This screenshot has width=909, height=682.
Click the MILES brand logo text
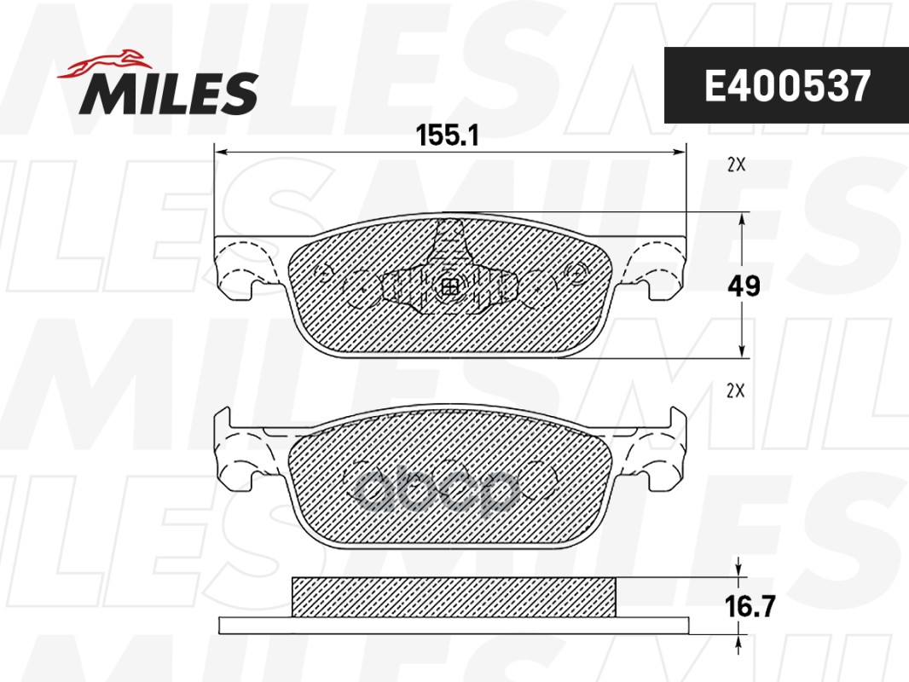pyautogui.click(x=169, y=92)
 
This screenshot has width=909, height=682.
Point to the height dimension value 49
pyautogui.click(x=744, y=286)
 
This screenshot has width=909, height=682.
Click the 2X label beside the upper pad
pyautogui.click(x=736, y=166)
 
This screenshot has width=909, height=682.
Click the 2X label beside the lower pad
pyautogui.click(x=735, y=391)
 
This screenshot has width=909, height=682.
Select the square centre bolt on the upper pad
pyautogui.click(x=448, y=287)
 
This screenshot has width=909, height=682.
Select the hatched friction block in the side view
pyautogui.click(x=454, y=597)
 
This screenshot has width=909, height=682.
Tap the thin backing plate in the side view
pyautogui.click(x=454, y=625)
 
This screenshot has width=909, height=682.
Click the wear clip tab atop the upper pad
pyautogui.click(x=449, y=232)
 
